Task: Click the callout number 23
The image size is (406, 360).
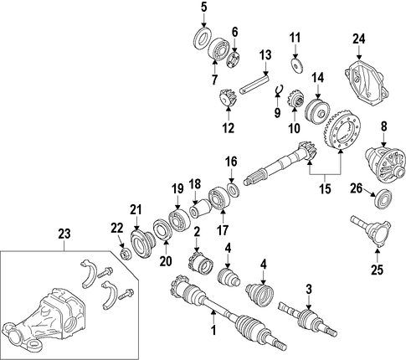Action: (x=64, y=234)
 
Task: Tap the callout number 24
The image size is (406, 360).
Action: (x=358, y=39)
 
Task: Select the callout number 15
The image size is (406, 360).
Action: (x=326, y=188)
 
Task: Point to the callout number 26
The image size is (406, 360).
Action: (x=357, y=188)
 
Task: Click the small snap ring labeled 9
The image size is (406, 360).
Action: (x=279, y=90)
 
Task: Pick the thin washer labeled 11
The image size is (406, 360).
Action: (x=297, y=66)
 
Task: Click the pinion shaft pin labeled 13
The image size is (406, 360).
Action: (x=254, y=82)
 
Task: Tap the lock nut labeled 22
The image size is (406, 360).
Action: (x=126, y=254)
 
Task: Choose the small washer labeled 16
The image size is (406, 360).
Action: (x=234, y=190)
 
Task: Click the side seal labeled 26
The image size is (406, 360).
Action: (x=383, y=198)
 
